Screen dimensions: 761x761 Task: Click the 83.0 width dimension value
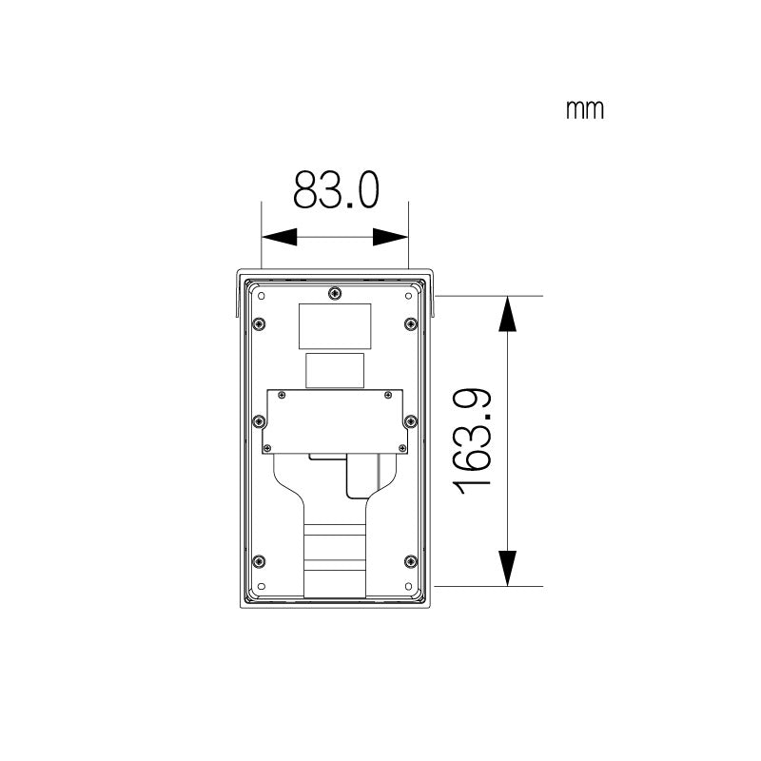click(x=336, y=190)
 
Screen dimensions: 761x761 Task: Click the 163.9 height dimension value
click(x=473, y=439)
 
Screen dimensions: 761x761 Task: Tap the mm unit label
click(x=584, y=110)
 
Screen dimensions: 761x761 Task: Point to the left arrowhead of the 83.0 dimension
click(x=279, y=237)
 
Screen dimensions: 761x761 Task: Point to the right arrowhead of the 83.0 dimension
click(x=390, y=237)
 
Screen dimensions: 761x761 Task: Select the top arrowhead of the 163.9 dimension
click(x=509, y=313)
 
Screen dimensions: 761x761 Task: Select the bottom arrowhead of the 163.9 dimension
click(x=509, y=568)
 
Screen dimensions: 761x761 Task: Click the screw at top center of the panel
click(x=333, y=292)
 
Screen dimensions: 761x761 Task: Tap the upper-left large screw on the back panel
click(x=258, y=324)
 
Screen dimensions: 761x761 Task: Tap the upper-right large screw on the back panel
click(x=410, y=324)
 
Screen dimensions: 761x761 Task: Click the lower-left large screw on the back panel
click(x=258, y=560)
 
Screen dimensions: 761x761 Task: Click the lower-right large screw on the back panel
click(x=410, y=560)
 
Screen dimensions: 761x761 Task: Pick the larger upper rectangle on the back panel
click(x=335, y=325)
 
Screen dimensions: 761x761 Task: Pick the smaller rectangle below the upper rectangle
click(x=335, y=370)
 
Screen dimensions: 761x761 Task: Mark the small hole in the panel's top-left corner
click(x=258, y=295)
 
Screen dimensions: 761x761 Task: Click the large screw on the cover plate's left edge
click(x=258, y=420)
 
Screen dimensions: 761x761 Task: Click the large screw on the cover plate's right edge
click(x=410, y=420)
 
